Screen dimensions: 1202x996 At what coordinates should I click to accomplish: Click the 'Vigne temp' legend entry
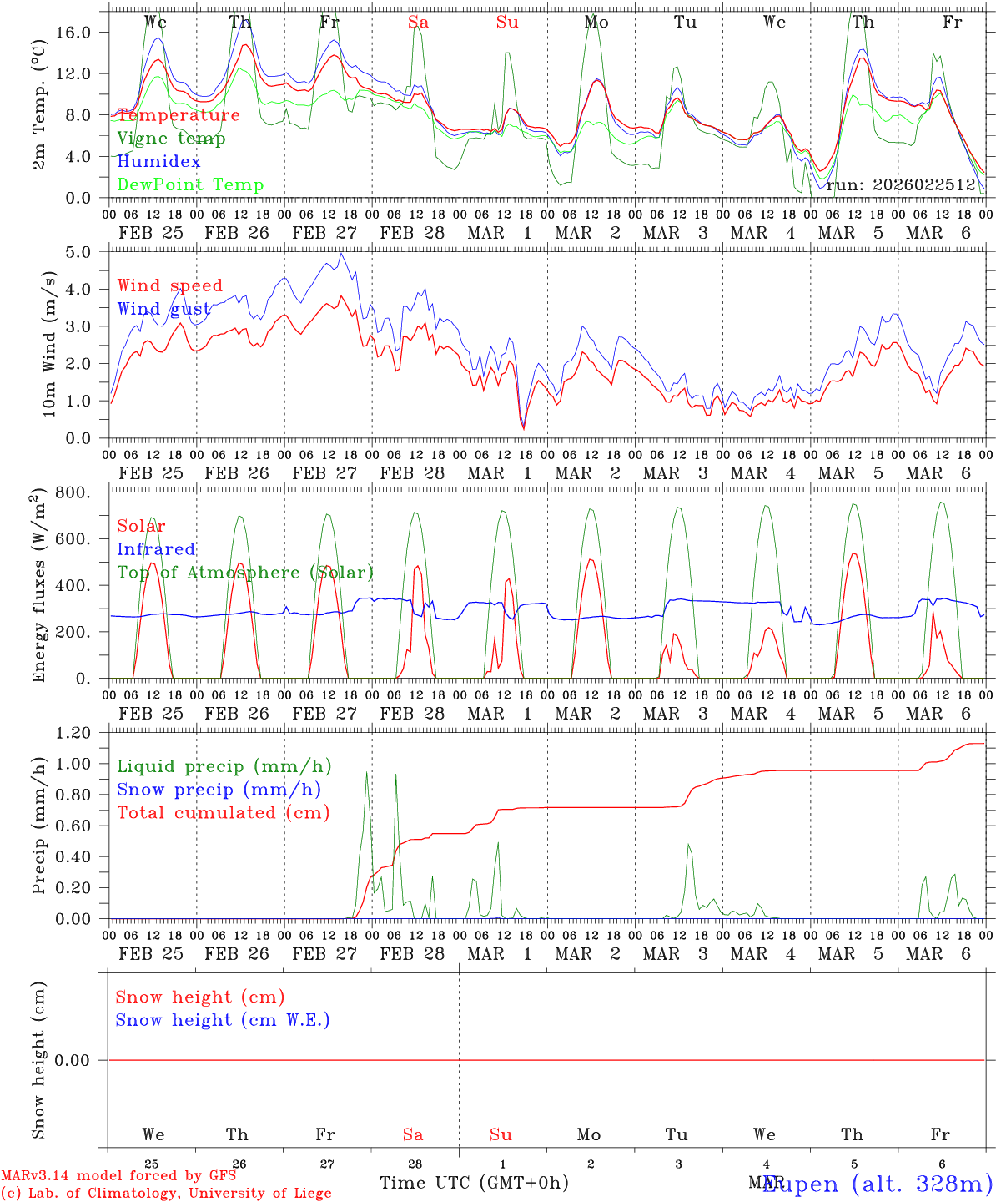(x=171, y=139)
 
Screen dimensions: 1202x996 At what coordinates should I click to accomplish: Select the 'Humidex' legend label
(x=158, y=162)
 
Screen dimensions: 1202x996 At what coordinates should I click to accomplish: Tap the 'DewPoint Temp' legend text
(x=190, y=185)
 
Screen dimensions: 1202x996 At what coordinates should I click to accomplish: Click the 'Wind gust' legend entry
(x=163, y=309)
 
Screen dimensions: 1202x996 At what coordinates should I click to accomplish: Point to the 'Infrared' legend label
(x=156, y=549)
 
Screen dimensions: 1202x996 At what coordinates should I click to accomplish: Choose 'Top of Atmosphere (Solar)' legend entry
(x=244, y=573)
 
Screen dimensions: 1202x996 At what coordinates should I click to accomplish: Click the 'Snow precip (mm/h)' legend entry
(x=219, y=790)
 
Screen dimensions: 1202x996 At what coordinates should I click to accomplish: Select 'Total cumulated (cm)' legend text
(x=223, y=813)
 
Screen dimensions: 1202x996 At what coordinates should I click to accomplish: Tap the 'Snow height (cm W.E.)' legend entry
(x=223, y=1020)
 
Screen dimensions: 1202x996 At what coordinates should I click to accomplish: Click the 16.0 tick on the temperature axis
(x=85, y=32)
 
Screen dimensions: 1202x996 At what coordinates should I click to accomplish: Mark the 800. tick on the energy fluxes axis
(x=85, y=492)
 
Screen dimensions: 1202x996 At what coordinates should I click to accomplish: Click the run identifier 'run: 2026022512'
(x=900, y=185)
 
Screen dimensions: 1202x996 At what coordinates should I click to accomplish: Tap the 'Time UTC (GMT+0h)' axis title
(x=474, y=1183)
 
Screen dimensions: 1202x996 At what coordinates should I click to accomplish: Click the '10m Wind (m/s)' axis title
(x=48, y=344)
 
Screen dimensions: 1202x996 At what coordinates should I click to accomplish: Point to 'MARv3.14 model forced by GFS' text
(x=118, y=1176)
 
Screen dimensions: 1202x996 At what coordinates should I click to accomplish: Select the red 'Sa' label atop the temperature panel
(x=418, y=23)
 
